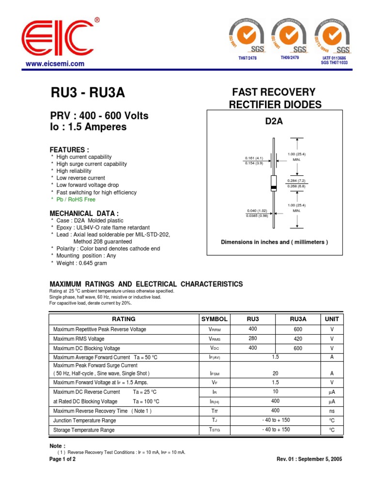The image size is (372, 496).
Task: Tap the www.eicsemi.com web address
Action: coord(55,63)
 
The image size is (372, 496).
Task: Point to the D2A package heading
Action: coord(274,122)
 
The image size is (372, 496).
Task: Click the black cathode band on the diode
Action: coord(274,187)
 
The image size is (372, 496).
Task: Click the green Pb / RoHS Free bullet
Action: coord(76,199)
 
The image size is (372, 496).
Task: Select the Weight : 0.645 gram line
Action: coord(81,263)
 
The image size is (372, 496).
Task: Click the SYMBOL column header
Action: coord(214,319)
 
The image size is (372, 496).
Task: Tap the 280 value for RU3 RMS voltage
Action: coord(253,339)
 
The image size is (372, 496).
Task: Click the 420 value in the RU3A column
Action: coord(298,339)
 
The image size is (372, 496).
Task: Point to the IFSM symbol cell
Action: coord(214,374)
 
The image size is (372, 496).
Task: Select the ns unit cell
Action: coord(332,411)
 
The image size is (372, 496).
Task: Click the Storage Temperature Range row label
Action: coord(84,430)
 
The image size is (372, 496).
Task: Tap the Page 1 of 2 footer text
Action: coord(62,459)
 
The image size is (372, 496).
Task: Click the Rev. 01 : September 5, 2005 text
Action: coord(309,459)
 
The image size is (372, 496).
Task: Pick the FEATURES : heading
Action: coord(70,150)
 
